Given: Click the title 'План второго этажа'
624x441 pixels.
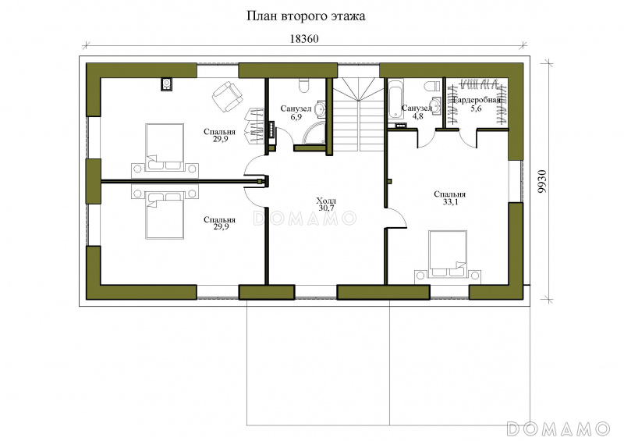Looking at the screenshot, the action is (306, 16).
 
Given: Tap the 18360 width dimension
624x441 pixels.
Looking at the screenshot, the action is (304, 39).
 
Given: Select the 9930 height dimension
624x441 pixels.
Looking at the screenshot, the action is (542, 182).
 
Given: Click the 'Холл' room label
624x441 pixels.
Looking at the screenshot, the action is (326, 201).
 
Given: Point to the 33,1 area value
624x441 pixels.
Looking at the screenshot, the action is (450, 202).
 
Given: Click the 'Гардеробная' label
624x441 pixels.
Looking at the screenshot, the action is (477, 100).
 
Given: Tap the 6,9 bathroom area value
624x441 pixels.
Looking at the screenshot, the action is (296, 117).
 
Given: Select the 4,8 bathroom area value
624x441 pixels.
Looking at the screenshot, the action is (418, 116).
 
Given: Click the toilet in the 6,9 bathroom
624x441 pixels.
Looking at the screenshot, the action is (303, 85).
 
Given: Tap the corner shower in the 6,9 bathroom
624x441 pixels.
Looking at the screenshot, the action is (314, 133).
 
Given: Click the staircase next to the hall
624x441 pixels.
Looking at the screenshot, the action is (358, 113).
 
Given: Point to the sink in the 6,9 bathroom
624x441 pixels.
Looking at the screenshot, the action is (320, 109).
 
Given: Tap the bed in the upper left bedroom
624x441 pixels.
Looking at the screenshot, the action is (165, 147).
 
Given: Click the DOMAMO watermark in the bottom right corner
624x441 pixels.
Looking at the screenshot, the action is (558, 429).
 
